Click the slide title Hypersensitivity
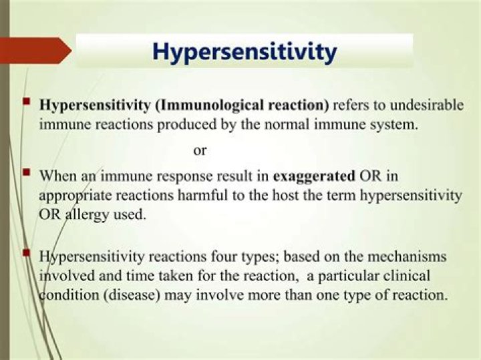point(244,51)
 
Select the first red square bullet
point(26,102)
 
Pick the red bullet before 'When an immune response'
point(26,172)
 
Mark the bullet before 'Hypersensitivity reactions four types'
point(26,252)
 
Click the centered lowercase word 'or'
point(200,150)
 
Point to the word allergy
point(90,215)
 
